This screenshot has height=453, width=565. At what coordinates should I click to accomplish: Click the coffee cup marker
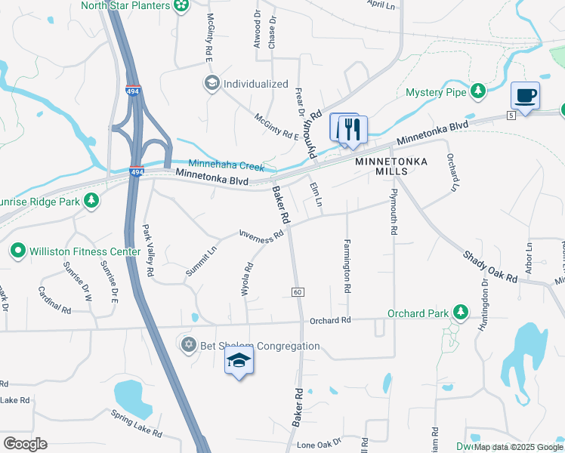point(525,96)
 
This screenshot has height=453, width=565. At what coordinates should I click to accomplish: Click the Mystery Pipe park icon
point(477,91)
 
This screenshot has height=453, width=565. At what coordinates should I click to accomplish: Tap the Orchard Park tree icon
point(460,313)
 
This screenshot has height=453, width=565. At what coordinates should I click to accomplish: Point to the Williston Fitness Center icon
point(18,250)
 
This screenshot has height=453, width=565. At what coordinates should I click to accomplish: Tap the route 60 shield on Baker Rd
point(298,291)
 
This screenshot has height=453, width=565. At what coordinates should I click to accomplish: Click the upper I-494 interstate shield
point(133,91)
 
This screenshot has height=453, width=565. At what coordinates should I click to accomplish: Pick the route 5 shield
point(511,114)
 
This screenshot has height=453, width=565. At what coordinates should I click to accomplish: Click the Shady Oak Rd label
point(490,267)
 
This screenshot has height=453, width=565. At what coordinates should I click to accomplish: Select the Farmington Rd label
point(347,267)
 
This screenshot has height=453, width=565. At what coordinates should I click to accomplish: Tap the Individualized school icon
point(211,83)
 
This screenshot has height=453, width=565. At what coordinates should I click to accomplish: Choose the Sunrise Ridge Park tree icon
point(91,200)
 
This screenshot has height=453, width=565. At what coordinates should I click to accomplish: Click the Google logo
point(25,443)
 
